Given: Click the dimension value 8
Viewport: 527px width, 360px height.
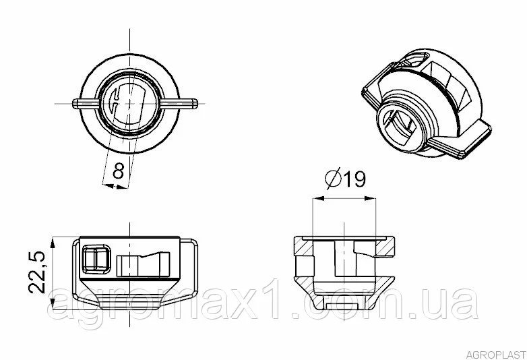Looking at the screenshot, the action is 119,171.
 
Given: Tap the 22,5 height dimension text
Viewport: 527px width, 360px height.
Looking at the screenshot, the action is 37,272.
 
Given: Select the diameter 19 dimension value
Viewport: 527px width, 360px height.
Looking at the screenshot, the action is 354,179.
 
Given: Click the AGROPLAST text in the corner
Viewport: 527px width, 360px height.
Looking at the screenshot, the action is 496,355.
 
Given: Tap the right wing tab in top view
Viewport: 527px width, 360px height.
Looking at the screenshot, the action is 181,104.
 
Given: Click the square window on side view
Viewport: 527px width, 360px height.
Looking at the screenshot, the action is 96,259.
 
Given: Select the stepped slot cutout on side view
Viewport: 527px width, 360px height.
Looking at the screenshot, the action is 143,264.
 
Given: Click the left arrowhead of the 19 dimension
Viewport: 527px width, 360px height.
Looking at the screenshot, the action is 317,199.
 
